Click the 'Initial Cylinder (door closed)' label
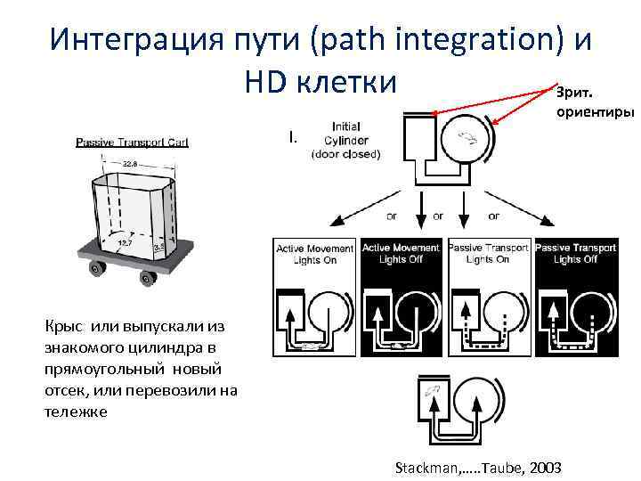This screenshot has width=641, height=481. point(345,140)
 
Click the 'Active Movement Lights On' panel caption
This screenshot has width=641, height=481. point(314,253)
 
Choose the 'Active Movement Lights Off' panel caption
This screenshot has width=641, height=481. point(401,253)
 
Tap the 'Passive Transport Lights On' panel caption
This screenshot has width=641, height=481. point(489,253)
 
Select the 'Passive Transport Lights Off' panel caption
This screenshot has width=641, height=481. point(575,253)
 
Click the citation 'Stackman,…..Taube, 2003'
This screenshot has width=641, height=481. point(477,467)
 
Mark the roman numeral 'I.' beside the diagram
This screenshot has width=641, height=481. point(293,137)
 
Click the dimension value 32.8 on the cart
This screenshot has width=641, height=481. point(130,165)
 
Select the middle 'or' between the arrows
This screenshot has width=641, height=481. point(438,216)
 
